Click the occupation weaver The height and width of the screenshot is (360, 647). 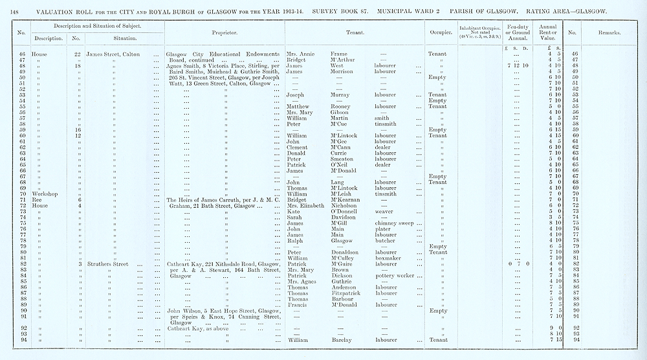[x=384, y=212]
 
